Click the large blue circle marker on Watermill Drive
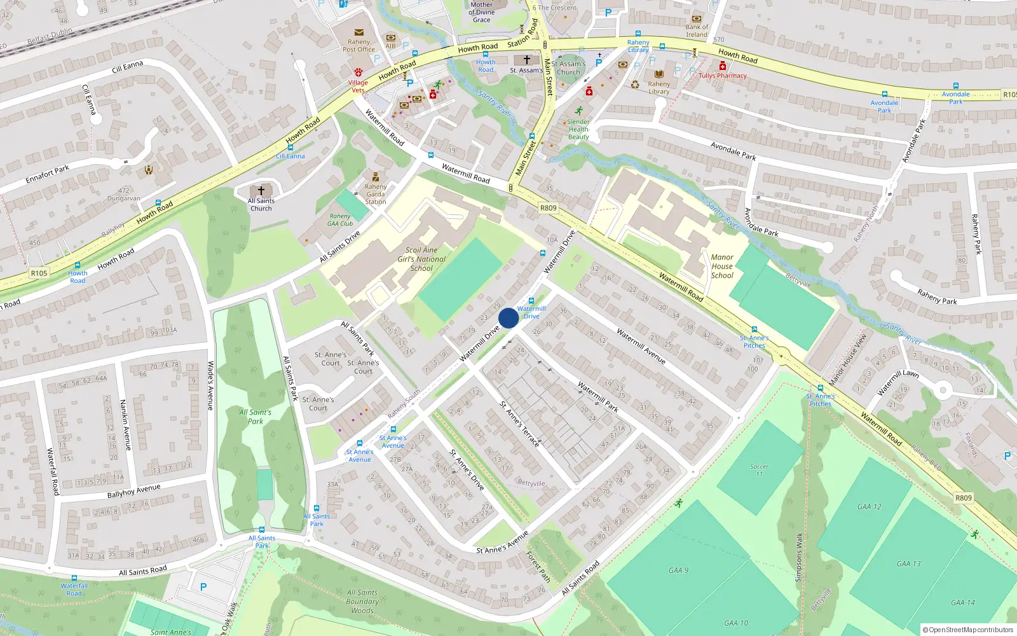click(508, 318)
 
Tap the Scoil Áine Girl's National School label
click(421, 259)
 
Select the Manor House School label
click(722, 266)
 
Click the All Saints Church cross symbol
click(261, 191)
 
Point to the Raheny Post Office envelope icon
click(359, 32)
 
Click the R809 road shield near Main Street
click(548, 208)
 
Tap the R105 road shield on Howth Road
click(39, 273)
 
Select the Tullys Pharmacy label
click(723, 76)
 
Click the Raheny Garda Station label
click(376, 194)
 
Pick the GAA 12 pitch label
click(870, 507)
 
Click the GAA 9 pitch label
click(678, 570)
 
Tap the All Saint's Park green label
click(256, 417)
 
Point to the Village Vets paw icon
click(358, 73)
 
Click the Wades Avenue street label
click(210, 385)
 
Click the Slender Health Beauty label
click(578, 129)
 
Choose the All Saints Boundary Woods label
click(362, 601)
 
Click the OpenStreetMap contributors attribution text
click(968, 630)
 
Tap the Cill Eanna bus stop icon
click(290, 148)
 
